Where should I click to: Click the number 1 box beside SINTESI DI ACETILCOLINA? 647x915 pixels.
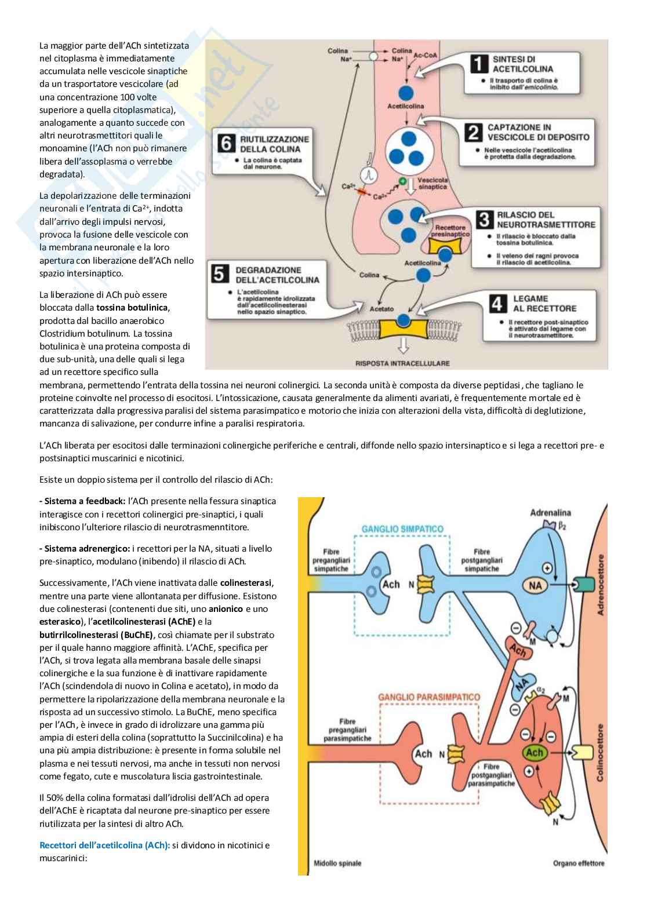coord(479,64)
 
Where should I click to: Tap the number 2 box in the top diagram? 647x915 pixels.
coord(474,133)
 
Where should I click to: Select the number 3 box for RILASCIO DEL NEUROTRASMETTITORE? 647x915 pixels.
coord(484,220)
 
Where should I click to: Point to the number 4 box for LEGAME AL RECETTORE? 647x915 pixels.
coord(497,304)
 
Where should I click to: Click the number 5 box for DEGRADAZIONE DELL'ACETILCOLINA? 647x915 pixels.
coord(220,274)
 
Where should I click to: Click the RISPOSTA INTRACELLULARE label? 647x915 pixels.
coord(402,363)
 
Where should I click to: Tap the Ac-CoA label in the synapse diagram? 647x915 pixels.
coord(425,55)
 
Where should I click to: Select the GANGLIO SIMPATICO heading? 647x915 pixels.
coord(402,529)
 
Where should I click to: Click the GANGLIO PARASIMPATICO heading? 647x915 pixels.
coord(429,697)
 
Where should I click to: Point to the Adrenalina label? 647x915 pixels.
coord(550,513)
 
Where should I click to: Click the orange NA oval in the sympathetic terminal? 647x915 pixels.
coord(535,586)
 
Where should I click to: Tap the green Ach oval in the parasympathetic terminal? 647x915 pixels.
coord(534,753)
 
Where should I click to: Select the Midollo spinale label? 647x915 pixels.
coord(337,863)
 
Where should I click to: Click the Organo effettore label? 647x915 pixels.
coord(578,863)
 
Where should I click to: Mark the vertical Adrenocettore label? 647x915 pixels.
coord(600,585)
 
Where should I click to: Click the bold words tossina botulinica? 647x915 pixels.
coord(132,308)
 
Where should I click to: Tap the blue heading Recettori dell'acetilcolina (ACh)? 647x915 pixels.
coord(104,845)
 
